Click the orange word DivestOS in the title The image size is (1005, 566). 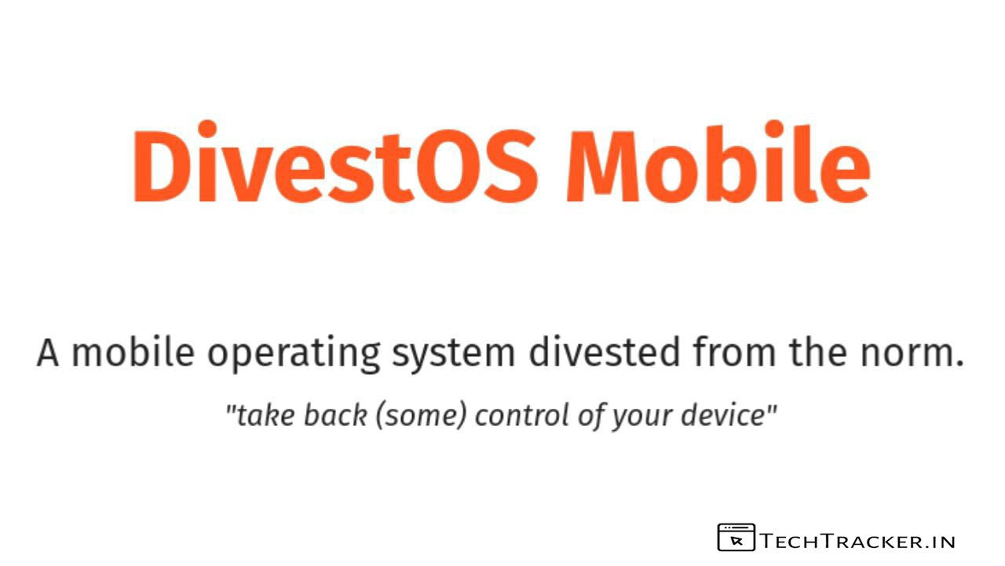334,163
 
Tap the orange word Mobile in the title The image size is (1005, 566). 718,163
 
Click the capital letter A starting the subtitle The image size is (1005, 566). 48,354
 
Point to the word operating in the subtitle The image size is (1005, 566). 294,355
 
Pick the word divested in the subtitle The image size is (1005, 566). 605,352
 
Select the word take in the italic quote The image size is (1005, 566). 265,415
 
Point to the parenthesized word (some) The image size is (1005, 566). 422,416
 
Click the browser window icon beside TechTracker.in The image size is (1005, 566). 736,537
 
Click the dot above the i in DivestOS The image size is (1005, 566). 207,129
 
